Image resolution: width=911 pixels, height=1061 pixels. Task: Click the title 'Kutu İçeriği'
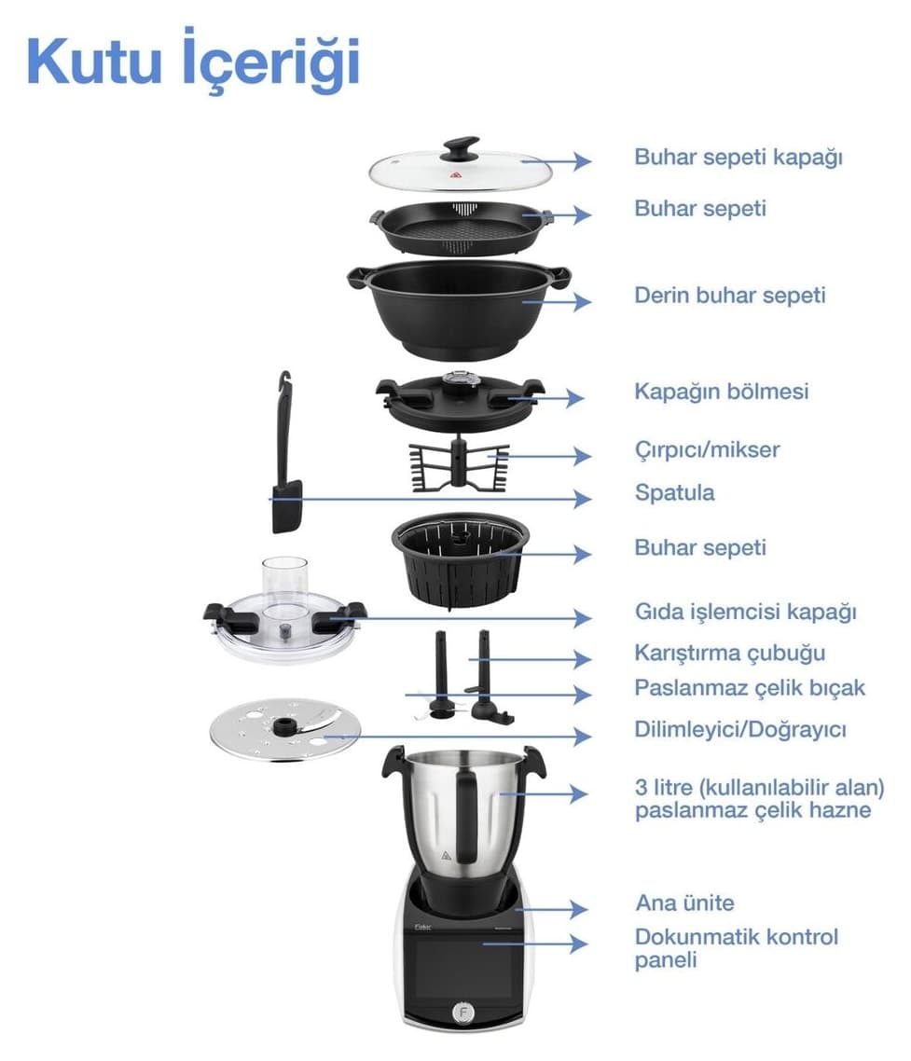[193, 61]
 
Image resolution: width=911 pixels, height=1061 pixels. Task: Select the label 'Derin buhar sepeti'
[729, 296]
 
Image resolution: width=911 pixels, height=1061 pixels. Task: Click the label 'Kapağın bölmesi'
[722, 392]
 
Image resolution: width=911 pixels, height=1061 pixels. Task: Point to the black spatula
[285, 452]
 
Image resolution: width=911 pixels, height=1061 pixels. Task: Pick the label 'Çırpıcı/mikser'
[708, 450]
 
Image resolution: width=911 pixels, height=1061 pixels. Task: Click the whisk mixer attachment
[460, 464]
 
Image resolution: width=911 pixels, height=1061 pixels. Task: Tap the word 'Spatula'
[674, 492]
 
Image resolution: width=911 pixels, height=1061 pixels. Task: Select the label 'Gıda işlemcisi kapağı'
[745, 613]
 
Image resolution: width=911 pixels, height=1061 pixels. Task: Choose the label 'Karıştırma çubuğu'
[729, 653]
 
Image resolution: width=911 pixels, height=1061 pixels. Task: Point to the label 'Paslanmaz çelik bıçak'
[750, 688]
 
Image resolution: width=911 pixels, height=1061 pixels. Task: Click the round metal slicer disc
[285, 729]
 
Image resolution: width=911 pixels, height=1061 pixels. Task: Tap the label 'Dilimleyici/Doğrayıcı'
[740, 729]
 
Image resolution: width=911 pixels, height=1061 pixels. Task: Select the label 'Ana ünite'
[685, 903]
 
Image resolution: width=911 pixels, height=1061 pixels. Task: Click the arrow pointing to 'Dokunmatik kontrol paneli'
[534, 944]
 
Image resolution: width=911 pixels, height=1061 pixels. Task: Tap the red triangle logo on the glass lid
[456, 176]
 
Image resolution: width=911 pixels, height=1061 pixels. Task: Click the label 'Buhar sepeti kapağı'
[738, 158]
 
